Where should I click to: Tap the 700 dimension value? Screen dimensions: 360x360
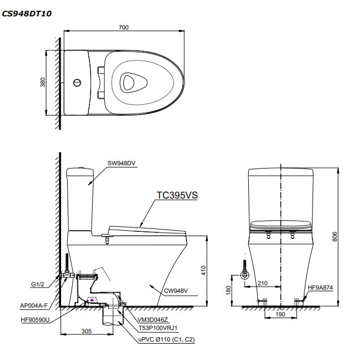(123, 28)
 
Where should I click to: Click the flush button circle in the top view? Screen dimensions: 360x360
(77, 83)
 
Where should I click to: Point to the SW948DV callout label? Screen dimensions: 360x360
(121, 163)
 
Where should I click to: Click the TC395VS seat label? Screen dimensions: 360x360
(177, 196)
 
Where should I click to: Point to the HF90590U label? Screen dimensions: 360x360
(34, 320)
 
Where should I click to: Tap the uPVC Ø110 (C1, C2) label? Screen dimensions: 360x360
(165, 339)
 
